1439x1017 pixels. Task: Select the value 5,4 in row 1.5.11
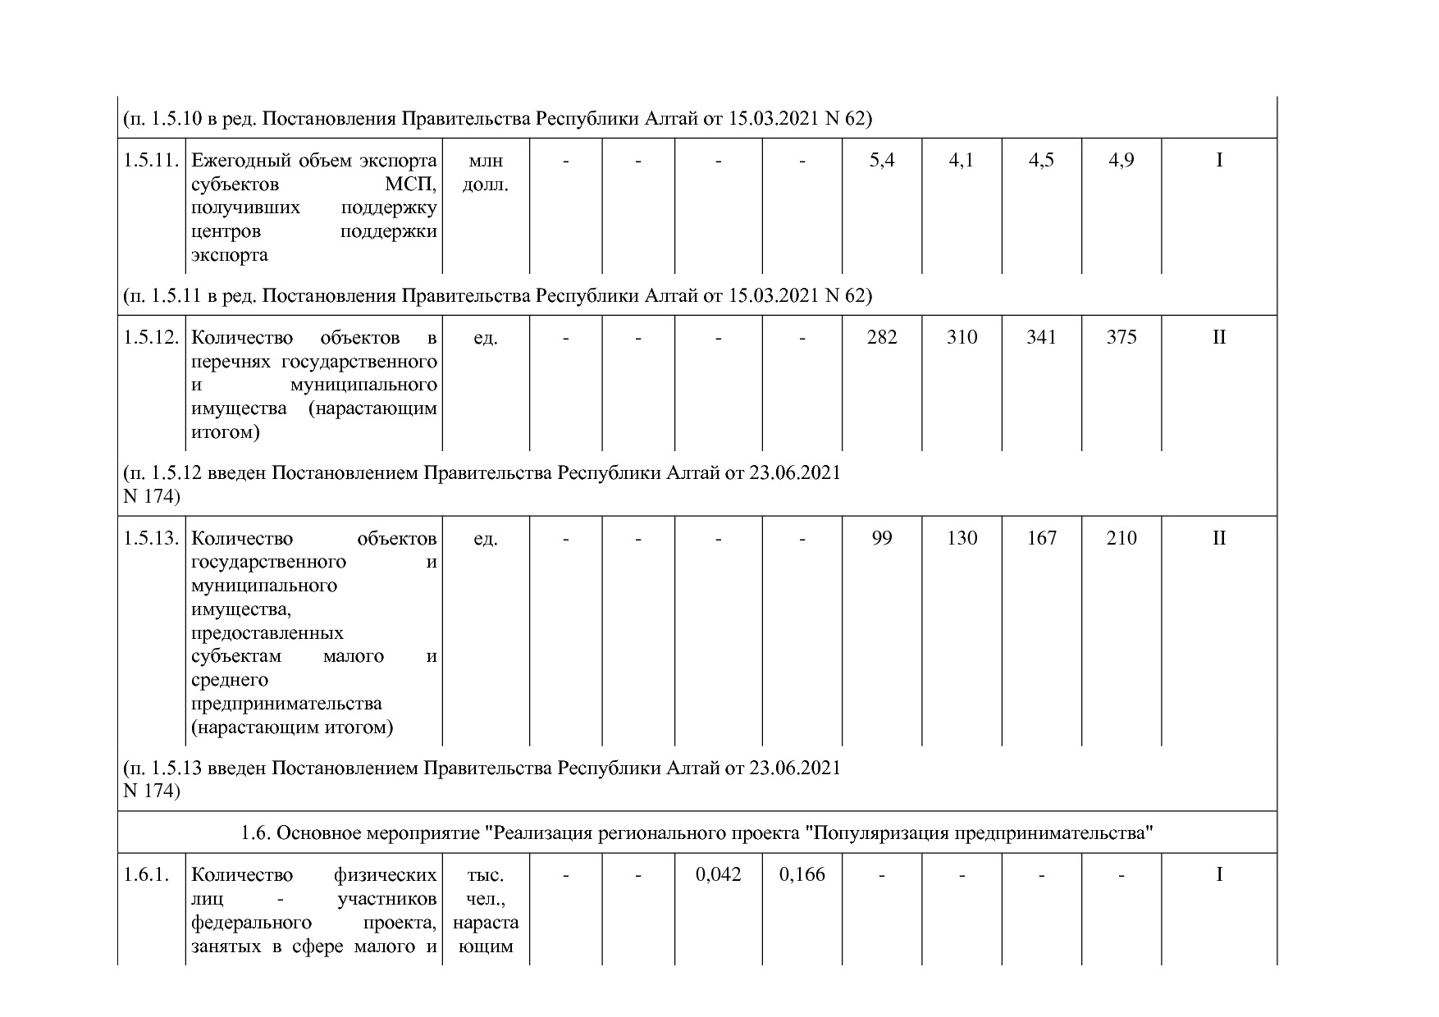click(882, 161)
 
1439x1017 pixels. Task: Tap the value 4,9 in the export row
click(1122, 161)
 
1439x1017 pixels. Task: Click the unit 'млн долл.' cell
click(486, 172)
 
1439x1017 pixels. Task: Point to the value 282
click(882, 338)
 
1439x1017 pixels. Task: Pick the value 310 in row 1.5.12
click(962, 338)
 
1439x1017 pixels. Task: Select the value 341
click(1042, 338)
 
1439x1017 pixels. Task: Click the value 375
click(1122, 338)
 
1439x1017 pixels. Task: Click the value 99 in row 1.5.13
click(882, 539)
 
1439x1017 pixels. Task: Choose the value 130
click(962, 539)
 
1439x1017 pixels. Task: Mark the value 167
click(1042, 539)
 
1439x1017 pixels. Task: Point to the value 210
click(1122, 539)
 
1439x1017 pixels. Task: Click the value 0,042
click(718, 875)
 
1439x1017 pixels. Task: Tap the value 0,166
click(802, 875)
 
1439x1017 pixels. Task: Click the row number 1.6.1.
click(146, 875)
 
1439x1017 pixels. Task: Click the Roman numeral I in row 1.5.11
click(1219, 161)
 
